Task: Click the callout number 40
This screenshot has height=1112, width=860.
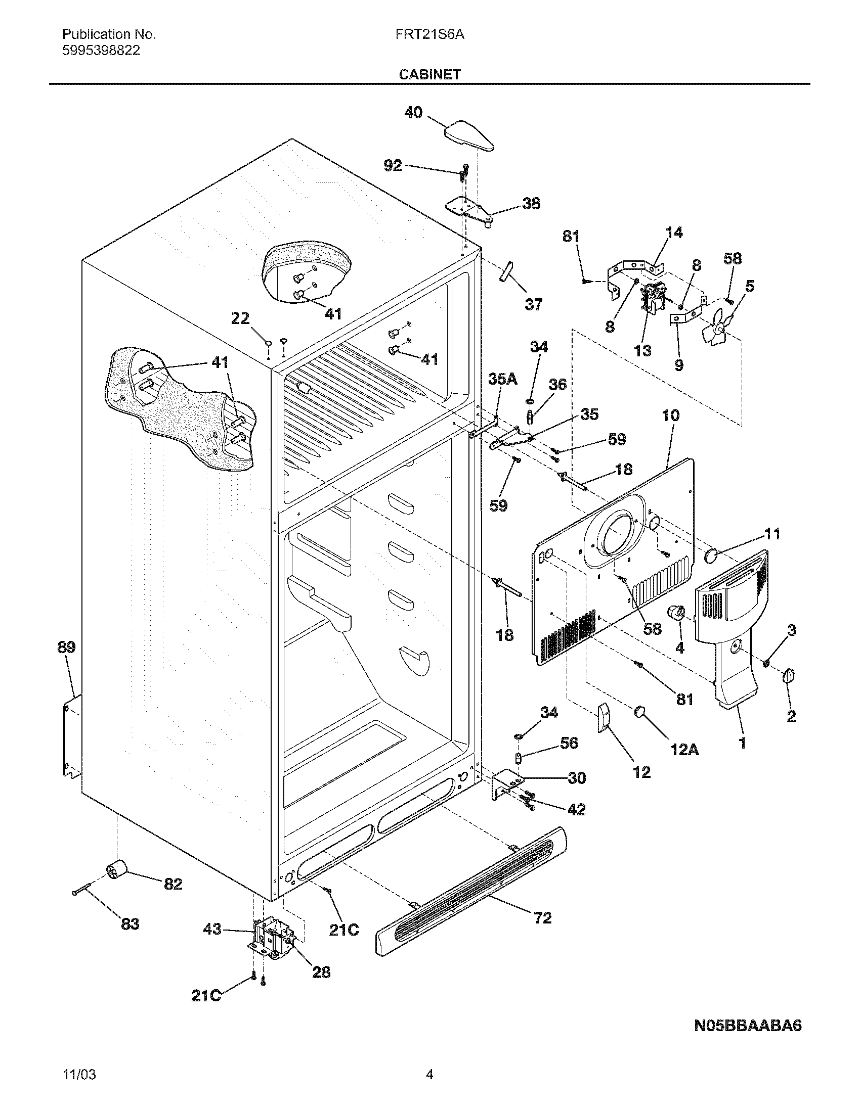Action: click(413, 112)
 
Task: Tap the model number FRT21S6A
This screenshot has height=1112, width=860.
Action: click(429, 34)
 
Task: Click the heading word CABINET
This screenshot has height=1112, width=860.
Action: click(429, 74)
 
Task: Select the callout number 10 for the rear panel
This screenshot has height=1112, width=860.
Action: click(670, 415)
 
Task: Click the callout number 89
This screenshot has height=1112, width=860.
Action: click(66, 647)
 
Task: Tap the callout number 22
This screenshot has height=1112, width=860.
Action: click(240, 319)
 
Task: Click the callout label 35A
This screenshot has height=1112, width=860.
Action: click(502, 379)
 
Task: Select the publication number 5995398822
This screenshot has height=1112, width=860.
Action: click(101, 51)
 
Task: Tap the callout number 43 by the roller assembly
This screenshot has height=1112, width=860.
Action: click(212, 929)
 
